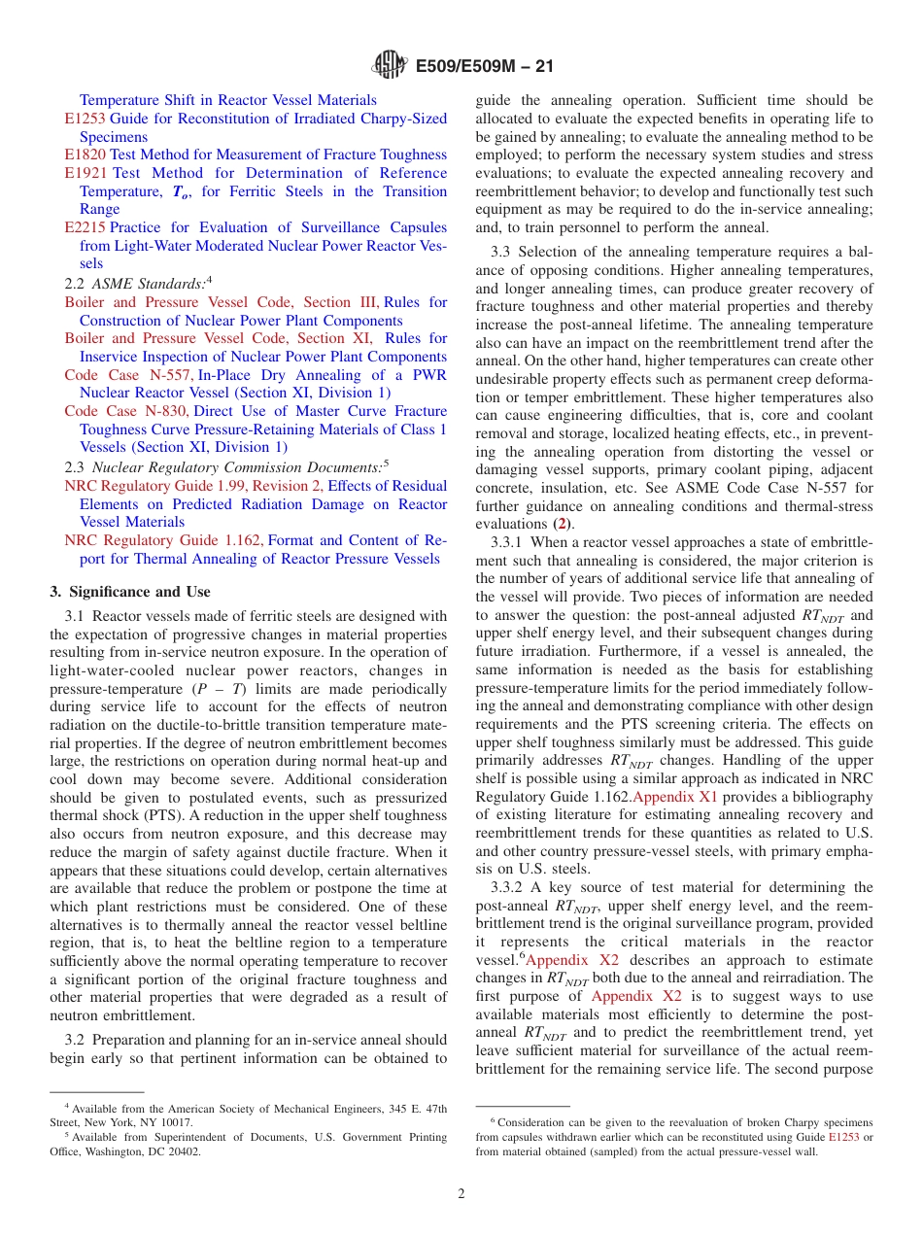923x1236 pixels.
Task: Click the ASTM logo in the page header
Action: (391, 66)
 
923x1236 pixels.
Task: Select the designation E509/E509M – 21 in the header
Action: (484, 66)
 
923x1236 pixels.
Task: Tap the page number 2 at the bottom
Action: (461, 1193)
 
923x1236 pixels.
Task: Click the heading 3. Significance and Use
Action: (129, 592)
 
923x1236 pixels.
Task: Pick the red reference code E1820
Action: (85, 154)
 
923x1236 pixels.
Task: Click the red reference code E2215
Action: (85, 228)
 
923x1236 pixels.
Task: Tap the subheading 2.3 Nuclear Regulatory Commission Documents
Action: (227, 467)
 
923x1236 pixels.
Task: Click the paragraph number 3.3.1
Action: (510, 541)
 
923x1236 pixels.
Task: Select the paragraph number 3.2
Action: (76, 1040)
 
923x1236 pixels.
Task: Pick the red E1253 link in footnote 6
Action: (842, 1137)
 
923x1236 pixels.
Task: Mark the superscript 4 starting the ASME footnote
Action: (67, 1107)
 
